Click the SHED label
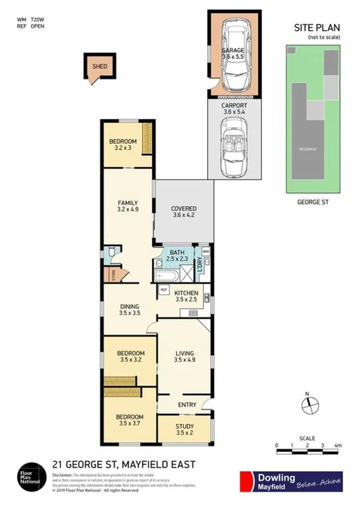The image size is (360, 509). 100,66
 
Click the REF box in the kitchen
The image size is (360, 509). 164,290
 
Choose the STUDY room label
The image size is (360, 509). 184,427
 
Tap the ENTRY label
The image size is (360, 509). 187,405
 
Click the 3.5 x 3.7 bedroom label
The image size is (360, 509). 123,420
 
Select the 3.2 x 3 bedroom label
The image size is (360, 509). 123,144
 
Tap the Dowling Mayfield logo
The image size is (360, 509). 293,480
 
